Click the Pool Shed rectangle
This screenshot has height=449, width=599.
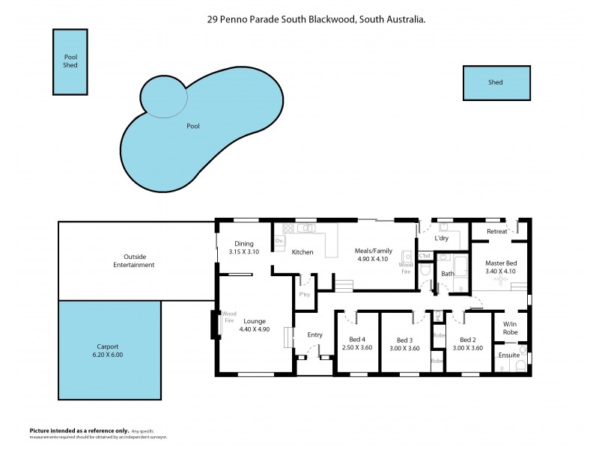click(70, 61)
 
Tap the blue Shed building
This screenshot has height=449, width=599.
click(496, 82)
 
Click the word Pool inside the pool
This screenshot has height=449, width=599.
click(192, 126)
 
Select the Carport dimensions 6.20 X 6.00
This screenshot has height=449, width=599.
click(109, 355)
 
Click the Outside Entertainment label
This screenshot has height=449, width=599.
click(134, 260)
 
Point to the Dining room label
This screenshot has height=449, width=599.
click(244, 243)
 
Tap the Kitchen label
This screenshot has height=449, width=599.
click(302, 252)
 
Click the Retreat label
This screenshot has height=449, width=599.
click(496, 231)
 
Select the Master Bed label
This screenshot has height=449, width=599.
click(500, 263)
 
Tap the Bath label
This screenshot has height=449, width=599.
click(448, 274)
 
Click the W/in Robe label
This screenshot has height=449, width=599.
click(510, 327)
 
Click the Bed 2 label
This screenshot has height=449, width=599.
click(468, 340)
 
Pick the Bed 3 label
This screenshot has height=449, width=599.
click(405, 340)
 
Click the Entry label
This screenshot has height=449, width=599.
click(315, 335)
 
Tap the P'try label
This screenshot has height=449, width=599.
click(305, 294)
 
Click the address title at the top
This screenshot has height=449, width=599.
click(317, 21)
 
